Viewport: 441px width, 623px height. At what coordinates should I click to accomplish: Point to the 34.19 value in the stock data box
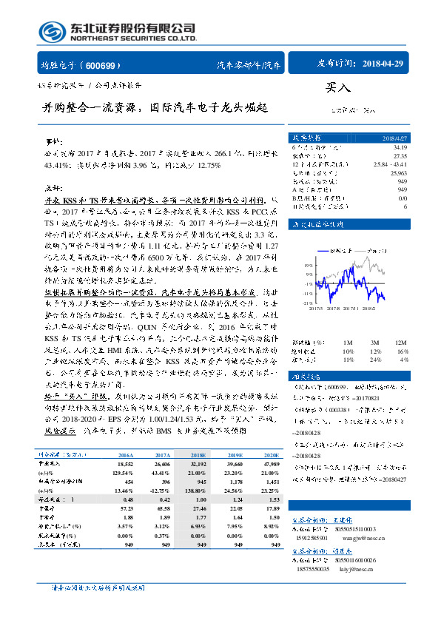tap(399, 148)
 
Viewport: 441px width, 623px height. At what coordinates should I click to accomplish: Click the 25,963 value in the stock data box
tap(397, 171)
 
